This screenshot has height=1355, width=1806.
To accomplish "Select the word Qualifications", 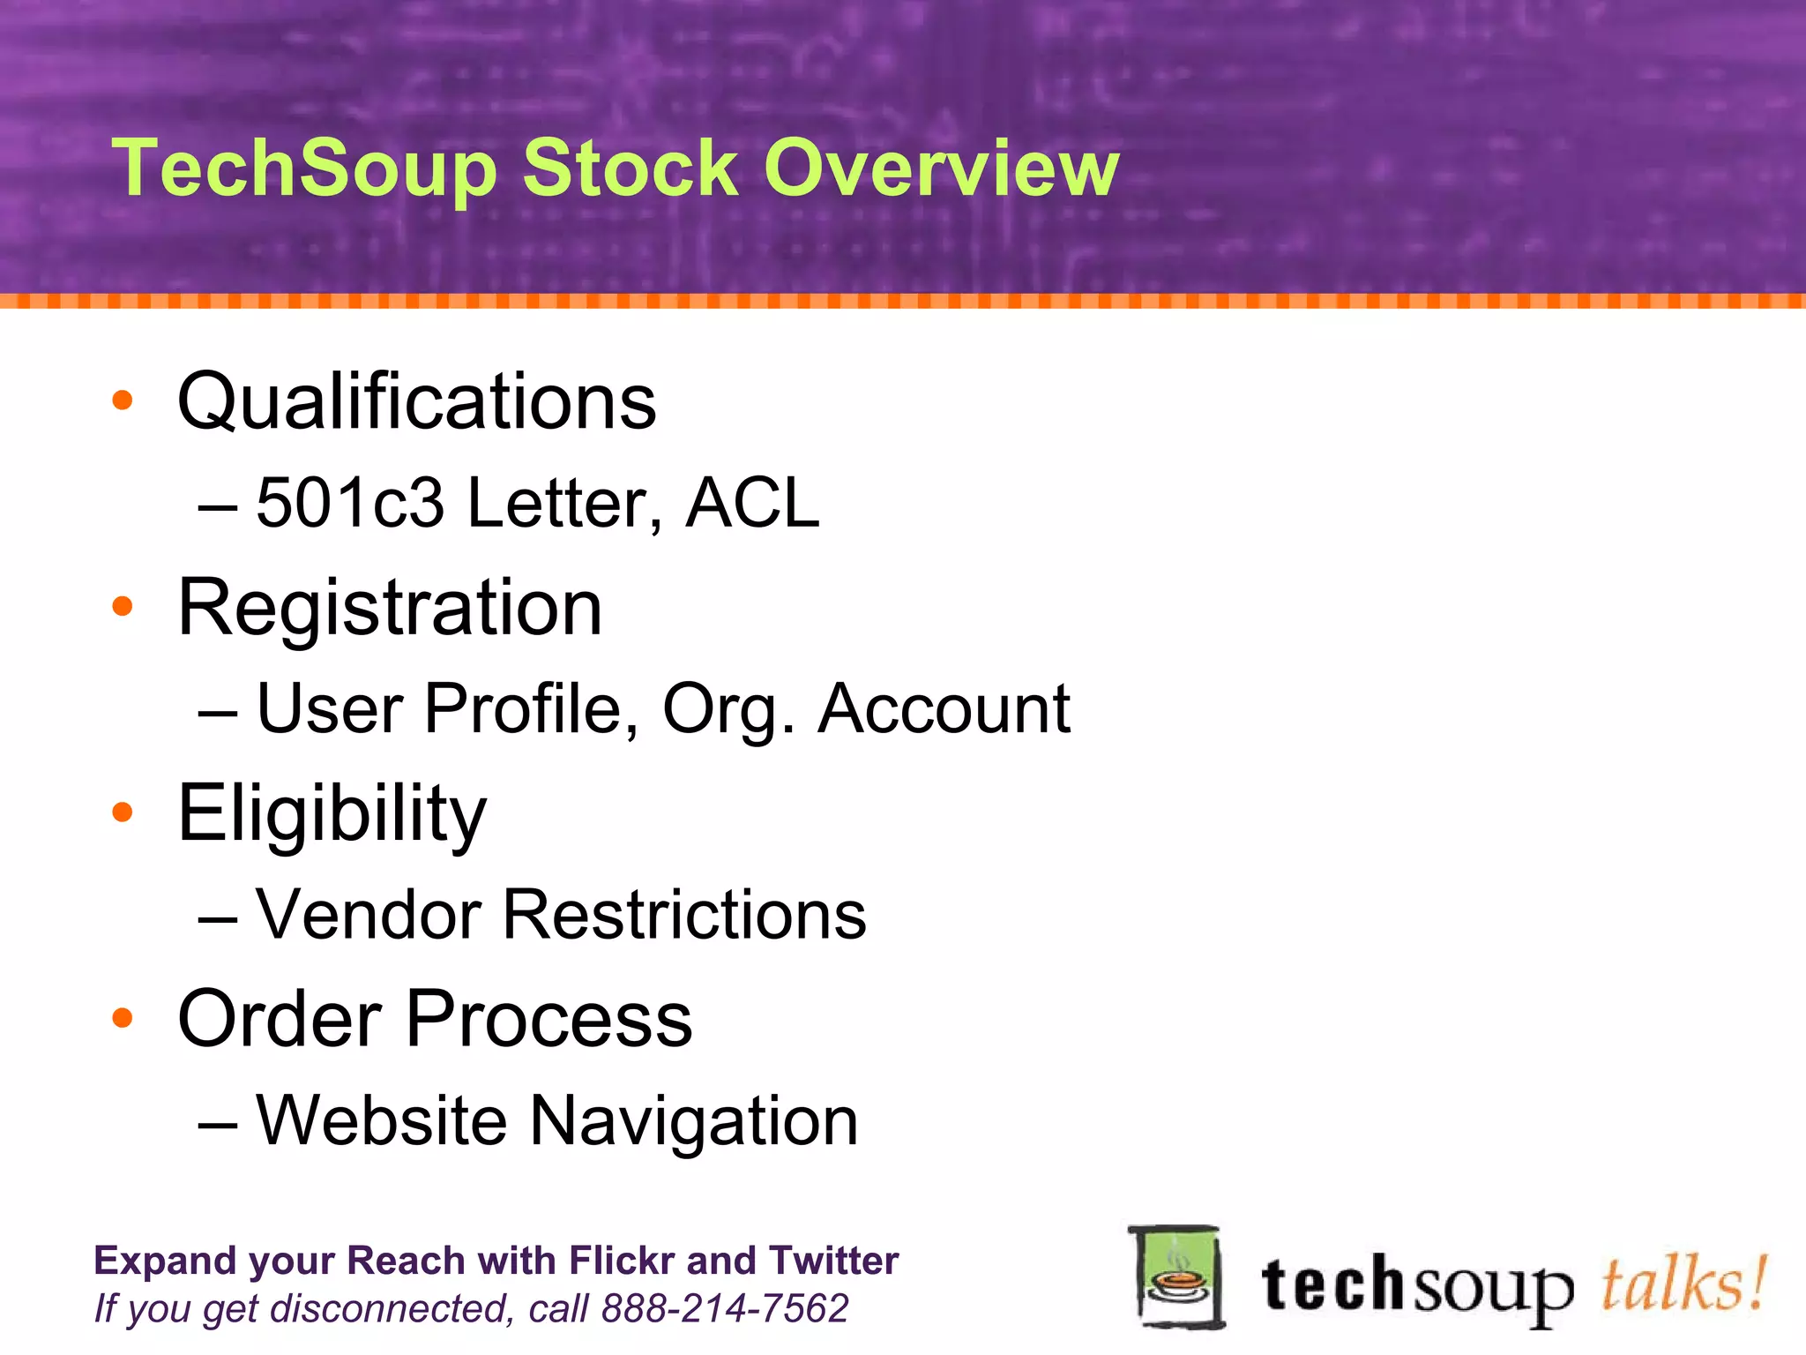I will pyautogui.click(x=417, y=401).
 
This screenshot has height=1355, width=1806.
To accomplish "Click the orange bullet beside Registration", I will pyautogui.click(x=123, y=606).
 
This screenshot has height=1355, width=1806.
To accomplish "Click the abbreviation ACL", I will pyautogui.click(x=752, y=503).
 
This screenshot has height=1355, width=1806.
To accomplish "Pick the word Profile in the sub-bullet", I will pyautogui.click(x=524, y=708).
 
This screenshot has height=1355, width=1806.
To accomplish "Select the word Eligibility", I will pyautogui.click(x=332, y=813).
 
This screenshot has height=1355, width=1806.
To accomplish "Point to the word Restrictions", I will pyautogui.click(x=684, y=915).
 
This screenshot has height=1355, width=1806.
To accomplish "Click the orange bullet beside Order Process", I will pyautogui.click(x=123, y=1018).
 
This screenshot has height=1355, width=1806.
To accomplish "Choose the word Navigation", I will pyautogui.click(x=694, y=1120).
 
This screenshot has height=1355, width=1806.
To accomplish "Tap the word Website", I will pyautogui.click(x=381, y=1120).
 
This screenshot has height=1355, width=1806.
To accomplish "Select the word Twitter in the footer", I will pyautogui.click(x=833, y=1260).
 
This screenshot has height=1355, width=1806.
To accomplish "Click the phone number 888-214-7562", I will pyautogui.click(x=724, y=1308).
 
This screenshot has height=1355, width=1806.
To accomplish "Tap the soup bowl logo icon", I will pyautogui.click(x=1177, y=1276).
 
